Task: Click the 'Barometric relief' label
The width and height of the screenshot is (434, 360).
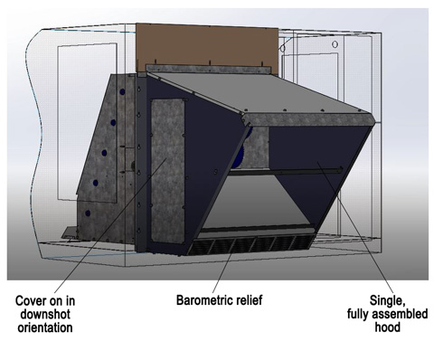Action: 219,300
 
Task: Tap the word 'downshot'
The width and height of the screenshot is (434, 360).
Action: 45,314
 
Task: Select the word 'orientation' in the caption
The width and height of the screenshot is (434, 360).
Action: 45,327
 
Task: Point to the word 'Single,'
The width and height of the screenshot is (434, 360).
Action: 387,300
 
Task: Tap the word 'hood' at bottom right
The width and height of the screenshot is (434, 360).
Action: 387,327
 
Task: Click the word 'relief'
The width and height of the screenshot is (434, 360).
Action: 247,300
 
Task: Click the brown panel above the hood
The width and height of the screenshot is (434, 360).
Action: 207,45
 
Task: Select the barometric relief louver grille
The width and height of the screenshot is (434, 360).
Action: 250,245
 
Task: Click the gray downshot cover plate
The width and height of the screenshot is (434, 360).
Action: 167,171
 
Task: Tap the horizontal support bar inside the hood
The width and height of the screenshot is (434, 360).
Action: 286,171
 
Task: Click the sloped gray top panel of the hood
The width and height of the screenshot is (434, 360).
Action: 259,93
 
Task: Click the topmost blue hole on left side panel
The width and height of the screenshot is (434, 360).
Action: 122,91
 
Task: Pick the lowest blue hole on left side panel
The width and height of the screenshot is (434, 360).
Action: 88,213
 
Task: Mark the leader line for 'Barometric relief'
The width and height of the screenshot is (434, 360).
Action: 222,273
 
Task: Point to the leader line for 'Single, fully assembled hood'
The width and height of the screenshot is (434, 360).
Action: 355,228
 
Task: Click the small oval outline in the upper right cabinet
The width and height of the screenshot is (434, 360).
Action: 335,44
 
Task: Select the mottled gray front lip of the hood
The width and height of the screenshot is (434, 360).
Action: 309,119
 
